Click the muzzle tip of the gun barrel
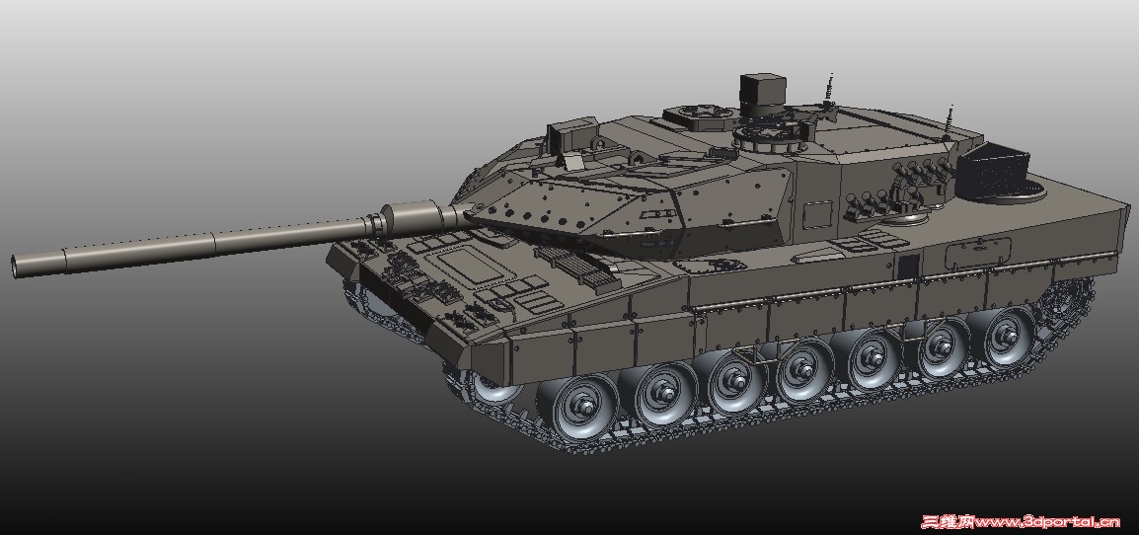[16, 267]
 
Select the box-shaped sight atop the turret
[762, 90]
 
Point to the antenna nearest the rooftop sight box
[828, 90]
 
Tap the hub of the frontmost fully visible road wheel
[583, 404]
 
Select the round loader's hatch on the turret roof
[694, 116]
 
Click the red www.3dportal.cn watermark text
[1047, 521]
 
